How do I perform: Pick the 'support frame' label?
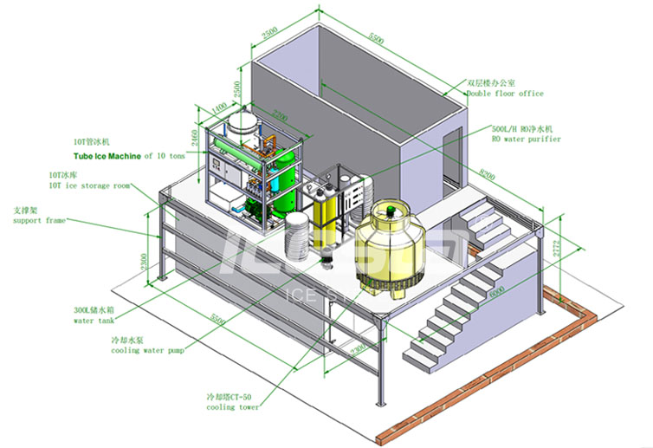tap(39, 221)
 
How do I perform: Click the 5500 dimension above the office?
tap(375, 39)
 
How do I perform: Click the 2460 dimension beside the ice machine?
tap(197, 139)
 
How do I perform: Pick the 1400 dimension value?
tap(220, 108)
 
